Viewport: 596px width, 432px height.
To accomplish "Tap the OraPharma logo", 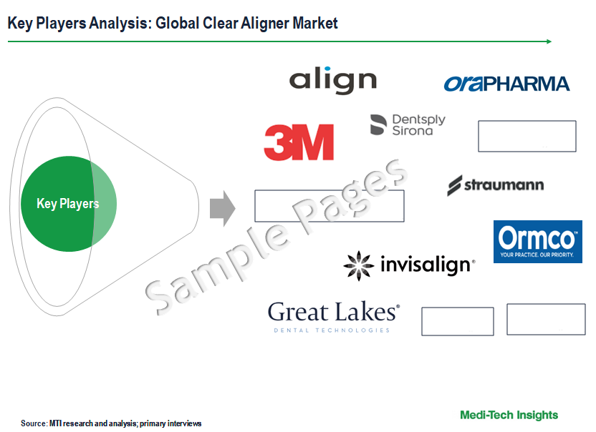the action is coord(506,84).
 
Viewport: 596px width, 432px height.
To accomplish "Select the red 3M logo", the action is coord(299,142).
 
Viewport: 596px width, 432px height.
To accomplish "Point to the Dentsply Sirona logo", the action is coord(408,125).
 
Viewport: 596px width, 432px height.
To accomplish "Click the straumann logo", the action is coord(495,185).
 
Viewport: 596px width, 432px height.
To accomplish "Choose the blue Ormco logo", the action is coord(538,242).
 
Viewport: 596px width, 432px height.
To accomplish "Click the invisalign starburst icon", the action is coord(358,266).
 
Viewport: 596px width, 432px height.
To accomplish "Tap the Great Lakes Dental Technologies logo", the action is coord(334,317).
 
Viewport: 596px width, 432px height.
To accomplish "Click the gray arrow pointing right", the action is coord(223,208).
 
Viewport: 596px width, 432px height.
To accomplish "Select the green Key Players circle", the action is coord(69,204).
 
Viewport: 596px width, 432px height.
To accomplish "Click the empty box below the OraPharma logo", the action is coord(527,137).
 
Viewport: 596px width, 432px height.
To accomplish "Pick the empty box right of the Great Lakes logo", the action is coord(458,322).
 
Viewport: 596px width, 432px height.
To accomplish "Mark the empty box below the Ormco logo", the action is coord(546,319).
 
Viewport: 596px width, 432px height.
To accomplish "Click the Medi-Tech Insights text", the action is coord(509,415).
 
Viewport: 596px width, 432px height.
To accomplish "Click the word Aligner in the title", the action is coord(265,23).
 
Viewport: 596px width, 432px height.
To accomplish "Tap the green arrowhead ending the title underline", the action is coord(549,41).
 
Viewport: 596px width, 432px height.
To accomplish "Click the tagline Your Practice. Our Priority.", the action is coord(537,255).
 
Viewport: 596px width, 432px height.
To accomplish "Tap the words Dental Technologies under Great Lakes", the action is coord(332,330).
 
